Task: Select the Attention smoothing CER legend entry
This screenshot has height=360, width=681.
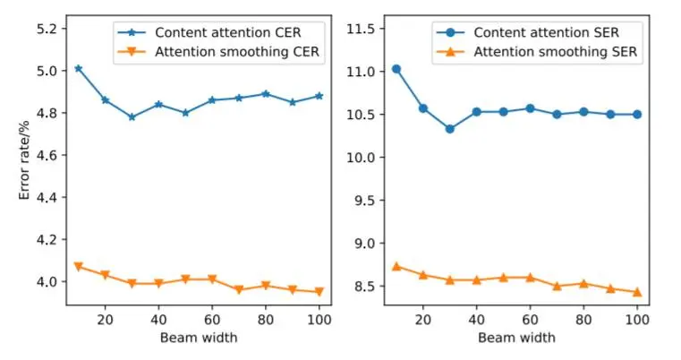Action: pyautogui.click(x=236, y=52)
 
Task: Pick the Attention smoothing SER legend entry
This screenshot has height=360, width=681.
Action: pyautogui.click(x=555, y=52)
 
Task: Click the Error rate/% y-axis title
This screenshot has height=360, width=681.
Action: pyautogui.click(x=26, y=165)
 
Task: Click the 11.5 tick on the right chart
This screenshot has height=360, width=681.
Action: pyautogui.click(x=359, y=29)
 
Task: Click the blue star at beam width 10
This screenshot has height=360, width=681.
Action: pyautogui.click(x=79, y=68)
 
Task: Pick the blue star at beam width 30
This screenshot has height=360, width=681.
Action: pyautogui.click(x=132, y=116)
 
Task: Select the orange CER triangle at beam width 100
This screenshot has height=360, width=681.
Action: pyautogui.click(x=319, y=292)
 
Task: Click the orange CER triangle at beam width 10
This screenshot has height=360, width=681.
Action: pyautogui.click(x=79, y=267)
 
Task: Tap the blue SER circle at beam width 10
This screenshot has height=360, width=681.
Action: pyautogui.click(x=396, y=69)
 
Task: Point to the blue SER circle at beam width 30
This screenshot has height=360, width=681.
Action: pyautogui.click(x=449, y=129)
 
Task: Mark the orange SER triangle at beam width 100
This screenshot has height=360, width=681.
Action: pyautogui.click(x=636, y=292)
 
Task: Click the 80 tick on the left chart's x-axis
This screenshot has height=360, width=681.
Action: pyautogui.click(x=265, y=319)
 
